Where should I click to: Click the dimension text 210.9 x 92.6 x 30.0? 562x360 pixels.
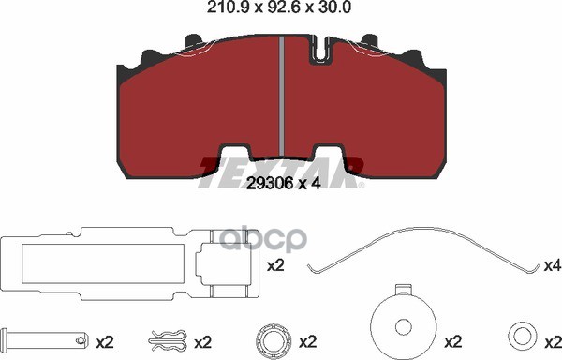278,7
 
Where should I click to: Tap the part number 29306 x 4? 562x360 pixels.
284,183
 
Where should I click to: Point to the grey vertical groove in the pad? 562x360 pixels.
282,97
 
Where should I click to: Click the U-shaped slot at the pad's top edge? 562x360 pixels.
321,50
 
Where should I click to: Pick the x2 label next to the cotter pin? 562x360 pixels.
105,343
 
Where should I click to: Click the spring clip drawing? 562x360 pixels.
168,340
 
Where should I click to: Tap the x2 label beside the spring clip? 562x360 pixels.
203,343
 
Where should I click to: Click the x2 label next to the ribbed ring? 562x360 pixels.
307,343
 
